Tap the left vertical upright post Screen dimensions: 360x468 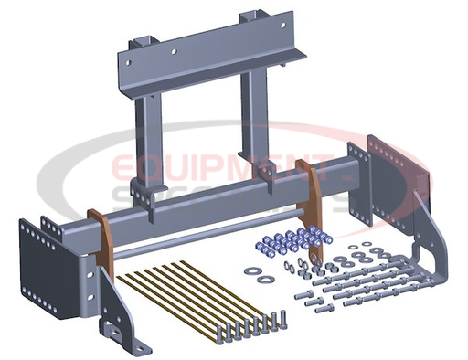tap(149, 137)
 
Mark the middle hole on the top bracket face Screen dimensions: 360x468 tap(207, 50)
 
